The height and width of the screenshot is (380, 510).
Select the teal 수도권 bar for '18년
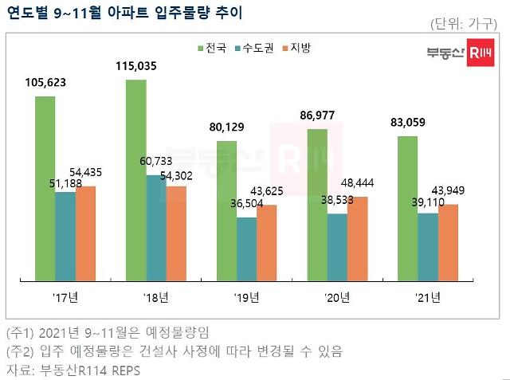tap(156, 228)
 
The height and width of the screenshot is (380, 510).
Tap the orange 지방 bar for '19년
tap(267, 243)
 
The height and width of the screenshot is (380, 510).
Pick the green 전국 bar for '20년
tap(316, 205)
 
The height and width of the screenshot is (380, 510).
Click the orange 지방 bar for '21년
tap(449, 243)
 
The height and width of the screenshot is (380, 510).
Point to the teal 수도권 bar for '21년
tap(428, 247)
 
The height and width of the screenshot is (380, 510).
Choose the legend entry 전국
tap(210, 49)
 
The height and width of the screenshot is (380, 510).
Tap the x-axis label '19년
tap(246, 298)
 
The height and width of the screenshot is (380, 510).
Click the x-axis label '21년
tap(428, 298)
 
